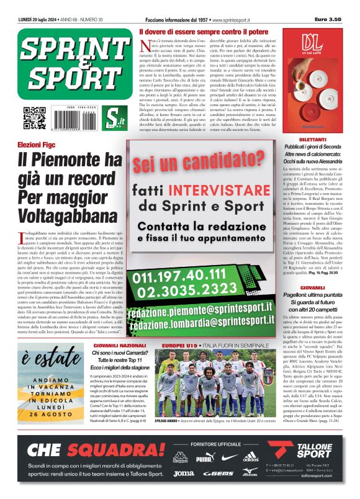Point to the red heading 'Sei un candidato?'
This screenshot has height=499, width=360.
197,163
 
